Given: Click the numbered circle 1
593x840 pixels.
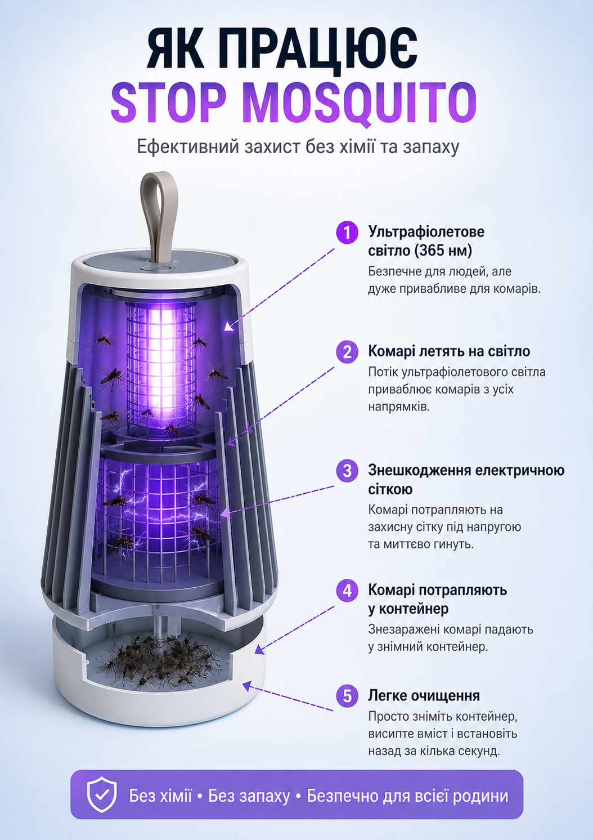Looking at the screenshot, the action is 347,233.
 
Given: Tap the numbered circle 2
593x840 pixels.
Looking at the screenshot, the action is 347,352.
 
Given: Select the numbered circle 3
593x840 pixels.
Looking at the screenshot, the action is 347,471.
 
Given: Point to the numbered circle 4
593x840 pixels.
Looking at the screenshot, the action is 347,591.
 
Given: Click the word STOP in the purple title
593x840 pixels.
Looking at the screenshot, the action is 169,101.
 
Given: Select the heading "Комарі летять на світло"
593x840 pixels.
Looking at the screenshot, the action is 449,351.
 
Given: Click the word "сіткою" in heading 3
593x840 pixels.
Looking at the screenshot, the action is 390,490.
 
